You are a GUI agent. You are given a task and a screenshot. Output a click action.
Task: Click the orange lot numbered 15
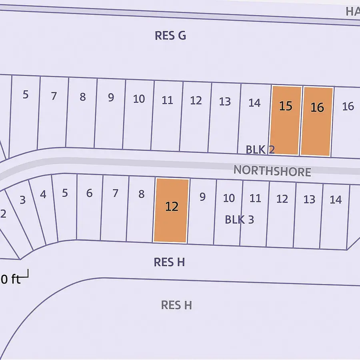pos(286,120)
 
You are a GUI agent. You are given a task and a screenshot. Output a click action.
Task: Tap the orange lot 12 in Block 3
pos(171,210)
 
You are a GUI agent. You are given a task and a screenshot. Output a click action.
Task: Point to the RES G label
pos(170,36)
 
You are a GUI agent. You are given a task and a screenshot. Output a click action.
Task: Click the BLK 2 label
pos(260,150)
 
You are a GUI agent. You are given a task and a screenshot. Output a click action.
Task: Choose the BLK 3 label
pos(239,220)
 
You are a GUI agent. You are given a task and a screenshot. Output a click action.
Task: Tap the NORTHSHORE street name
pos(272,171)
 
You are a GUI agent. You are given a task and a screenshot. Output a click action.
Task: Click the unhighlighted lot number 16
pos(348,106)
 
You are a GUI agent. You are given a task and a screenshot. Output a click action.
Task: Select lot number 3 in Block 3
pos(22,200)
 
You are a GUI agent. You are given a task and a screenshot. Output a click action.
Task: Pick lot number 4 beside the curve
pos(43,195)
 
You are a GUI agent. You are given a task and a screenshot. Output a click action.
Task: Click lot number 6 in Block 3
pos(89,194)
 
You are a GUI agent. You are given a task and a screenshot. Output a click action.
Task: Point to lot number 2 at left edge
pos(3,214)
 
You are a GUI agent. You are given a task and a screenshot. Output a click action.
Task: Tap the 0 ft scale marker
pos(10,279)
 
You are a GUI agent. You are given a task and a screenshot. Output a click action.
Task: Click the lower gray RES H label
pos(176,305)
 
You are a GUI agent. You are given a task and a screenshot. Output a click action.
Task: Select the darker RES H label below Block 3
pos(169,262)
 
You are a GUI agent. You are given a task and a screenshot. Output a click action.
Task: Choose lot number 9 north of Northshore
pos(111,97)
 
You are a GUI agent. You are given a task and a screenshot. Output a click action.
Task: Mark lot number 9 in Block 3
pos(202,197)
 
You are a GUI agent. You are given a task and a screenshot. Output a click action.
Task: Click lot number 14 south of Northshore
pos(336,200)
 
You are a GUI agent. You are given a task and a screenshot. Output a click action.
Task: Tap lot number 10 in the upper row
pos(139,99)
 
